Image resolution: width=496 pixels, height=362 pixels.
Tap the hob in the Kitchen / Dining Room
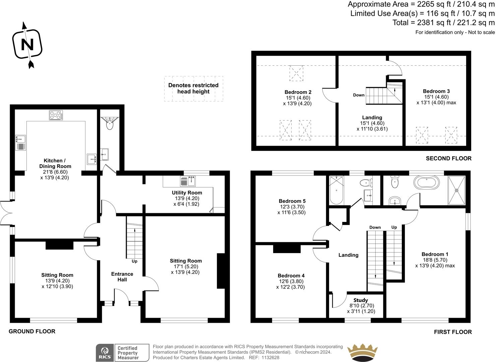pos(57,115)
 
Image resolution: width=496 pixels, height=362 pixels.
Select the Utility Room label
pos(187,193)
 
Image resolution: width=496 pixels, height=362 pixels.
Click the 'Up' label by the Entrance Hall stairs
pos(134,261)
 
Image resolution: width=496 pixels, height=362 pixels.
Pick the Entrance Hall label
pos(122,277)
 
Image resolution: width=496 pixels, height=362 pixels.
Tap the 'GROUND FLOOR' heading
pos(32,331)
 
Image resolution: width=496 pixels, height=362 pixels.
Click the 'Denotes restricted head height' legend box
pos(193,88)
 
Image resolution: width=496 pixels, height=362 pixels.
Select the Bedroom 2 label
pos(298,92)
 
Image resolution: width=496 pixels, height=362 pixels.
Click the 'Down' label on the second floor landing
pos(359,95)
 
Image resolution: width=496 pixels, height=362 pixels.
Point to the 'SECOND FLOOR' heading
pos(448,158)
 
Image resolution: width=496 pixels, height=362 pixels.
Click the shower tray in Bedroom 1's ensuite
pos(456,190)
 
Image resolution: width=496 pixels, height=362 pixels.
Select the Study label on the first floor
pos(361,300)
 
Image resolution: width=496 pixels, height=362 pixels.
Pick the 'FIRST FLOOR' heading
pos(453,332)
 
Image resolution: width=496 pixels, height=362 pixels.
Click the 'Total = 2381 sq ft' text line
pos(443,23)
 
